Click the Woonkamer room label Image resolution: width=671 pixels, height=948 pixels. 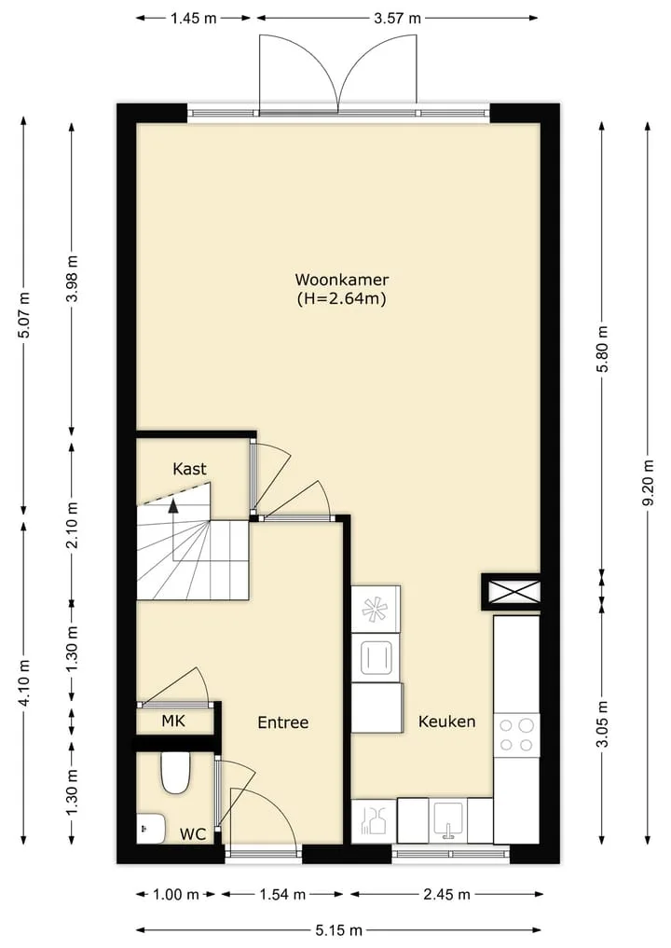pos(341,280)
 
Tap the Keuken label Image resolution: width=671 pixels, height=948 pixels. pos(446,721)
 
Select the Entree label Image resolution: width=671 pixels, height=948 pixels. pos(283,722)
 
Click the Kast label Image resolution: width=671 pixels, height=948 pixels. pos(189,469)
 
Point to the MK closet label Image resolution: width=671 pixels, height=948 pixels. pos(173,721)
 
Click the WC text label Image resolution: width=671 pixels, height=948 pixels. pos(193,834)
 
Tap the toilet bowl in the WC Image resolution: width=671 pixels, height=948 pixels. pos(175,774)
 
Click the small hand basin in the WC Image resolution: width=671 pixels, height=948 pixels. pos(151,829)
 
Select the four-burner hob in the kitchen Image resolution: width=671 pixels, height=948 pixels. pos(516,735)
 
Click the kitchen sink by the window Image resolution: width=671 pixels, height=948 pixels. pos(447,820)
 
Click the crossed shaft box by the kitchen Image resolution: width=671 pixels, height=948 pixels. pos(512,592)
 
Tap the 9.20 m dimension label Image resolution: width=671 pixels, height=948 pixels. pos(648,483)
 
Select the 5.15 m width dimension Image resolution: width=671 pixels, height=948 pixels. pos(338,930)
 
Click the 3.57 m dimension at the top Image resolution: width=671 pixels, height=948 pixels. pos(397,18)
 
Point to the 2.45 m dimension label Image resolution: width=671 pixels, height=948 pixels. pos(446,894)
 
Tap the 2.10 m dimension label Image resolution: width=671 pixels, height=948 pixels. pos(72,525)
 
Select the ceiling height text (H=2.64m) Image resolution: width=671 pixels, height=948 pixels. pos(341,298)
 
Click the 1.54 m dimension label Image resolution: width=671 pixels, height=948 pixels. pos(282,894)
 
